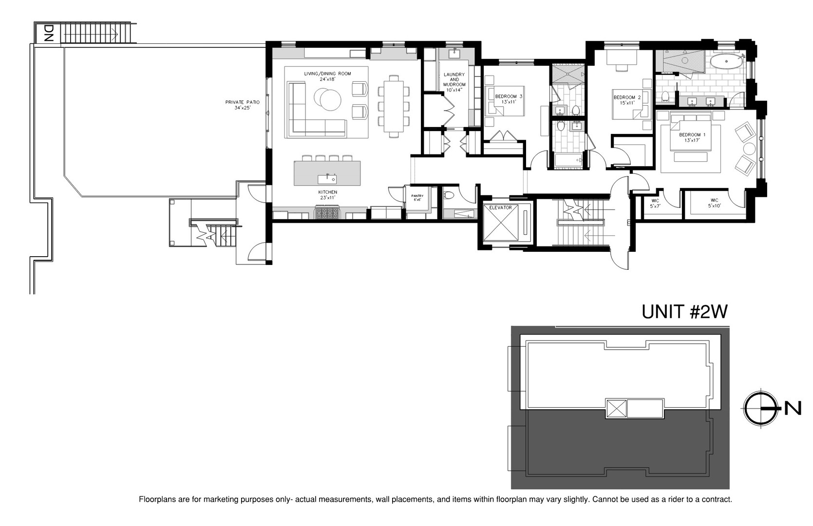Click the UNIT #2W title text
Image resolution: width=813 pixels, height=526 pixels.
tap(684, 312)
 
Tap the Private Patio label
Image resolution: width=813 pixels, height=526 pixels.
tap(242, 105)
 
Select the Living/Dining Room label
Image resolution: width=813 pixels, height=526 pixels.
tap(327, 76)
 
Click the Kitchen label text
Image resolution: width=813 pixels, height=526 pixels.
tap(327, 195)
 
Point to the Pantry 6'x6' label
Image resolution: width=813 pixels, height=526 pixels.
tap(417, 198)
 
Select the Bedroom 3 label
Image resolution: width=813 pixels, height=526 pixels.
tap(509, 99)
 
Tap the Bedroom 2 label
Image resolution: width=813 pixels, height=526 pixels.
tap(627, 100)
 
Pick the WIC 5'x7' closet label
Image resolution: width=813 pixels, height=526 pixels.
tap(655, 203)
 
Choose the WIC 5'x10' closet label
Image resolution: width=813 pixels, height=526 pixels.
tap(714, 203)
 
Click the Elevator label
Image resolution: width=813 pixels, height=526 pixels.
tap(501, 208)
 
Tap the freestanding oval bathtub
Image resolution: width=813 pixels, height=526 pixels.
tap(726, 61)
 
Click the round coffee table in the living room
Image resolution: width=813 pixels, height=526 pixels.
tap(327, 98)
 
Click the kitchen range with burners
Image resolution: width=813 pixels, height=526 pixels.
tap(327, 213)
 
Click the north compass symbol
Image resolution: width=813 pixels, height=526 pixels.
tap(760, 408)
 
